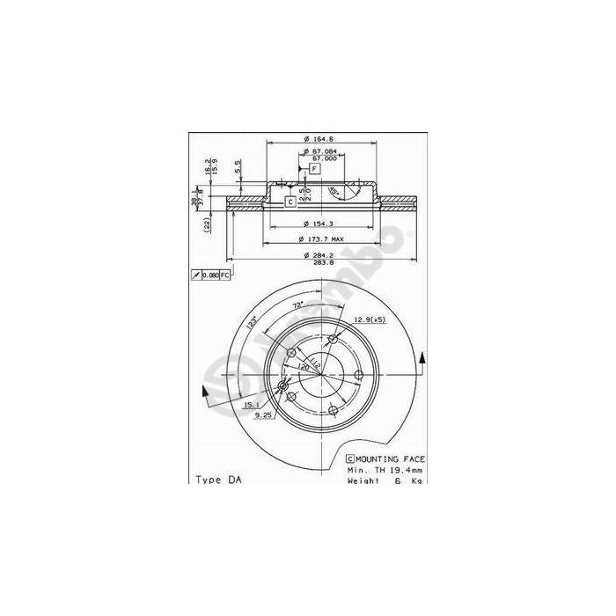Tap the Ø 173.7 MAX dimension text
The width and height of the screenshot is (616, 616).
(323, 239)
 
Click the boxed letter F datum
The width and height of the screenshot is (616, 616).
(314, 169)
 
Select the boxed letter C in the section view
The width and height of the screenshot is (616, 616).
(290, 202)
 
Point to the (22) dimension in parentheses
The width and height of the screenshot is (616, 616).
(206, 225)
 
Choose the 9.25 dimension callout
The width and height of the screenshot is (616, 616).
(263, 414)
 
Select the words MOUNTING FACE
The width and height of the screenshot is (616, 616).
(392, 459)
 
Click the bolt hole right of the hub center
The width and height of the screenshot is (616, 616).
(358, 376)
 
